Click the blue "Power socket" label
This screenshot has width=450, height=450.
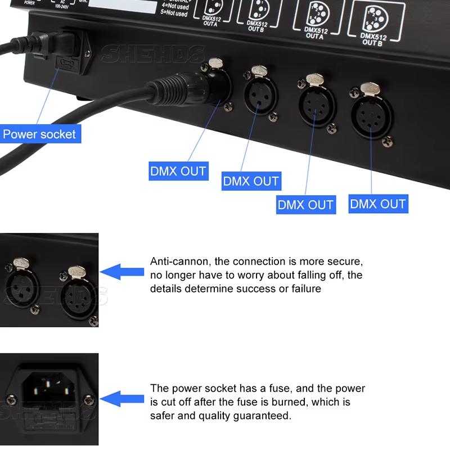click(39, 134)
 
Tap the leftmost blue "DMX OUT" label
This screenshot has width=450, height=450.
click(178, 170)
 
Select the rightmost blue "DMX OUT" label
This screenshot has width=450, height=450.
click(377, 204)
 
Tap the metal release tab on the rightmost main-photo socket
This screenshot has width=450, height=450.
click(371, 89)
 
